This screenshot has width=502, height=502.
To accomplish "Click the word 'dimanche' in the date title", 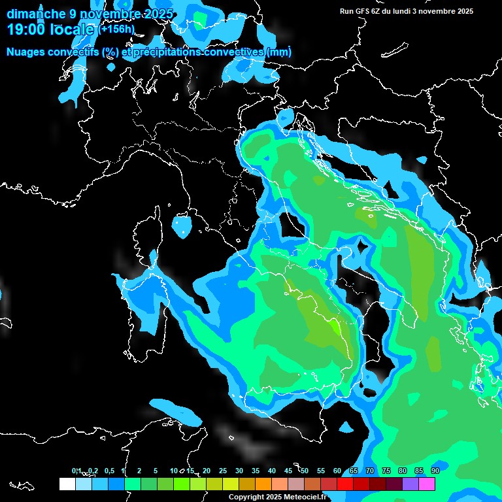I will [35, 14].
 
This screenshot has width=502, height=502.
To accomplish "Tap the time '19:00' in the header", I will [26, 29].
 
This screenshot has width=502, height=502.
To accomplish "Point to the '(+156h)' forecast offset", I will [116, 29].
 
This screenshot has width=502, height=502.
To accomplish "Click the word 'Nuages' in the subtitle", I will [25, 52].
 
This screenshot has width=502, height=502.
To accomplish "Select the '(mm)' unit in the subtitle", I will [279, 52].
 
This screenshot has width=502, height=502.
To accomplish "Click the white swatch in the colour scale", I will [67, 484].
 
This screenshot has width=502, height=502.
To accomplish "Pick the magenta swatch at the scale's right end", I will [427, 484].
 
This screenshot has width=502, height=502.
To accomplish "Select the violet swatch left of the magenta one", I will [410, 484].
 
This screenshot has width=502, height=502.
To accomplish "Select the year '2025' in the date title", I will [157, 14].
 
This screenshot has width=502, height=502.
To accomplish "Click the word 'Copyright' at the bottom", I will [246, 497].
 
